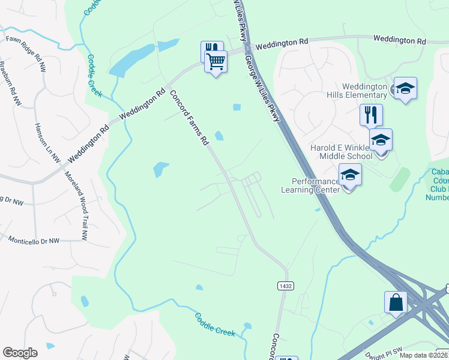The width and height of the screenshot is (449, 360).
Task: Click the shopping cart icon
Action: [x=216, y=61]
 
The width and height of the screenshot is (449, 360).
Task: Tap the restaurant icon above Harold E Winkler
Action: [x=371, y=114]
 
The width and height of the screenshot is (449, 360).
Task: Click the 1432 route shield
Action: [x=285, y=286]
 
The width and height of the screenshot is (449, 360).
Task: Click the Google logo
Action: [x=20, y=353]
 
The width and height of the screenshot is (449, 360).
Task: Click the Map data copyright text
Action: [x=424, y=355]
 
